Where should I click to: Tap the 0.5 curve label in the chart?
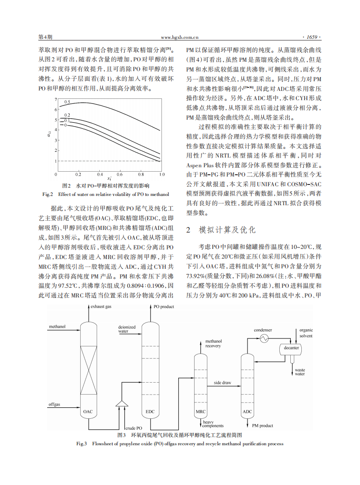pyautogui.click(x=67, y=102)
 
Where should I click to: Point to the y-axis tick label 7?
pyautogui.click(x=56, y=99)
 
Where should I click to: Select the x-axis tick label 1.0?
pyautogui.click(x=162, y=175)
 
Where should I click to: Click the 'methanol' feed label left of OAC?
pyautogui.click(x=57, y=327)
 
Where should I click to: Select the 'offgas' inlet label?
pyautogui.click(x=55, y=404)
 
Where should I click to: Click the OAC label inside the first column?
pyautogui.click(x=88, y=412)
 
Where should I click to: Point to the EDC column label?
pyautogui.click(x=150, y=412)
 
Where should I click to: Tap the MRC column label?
pyautogui.click(x=200, y=412)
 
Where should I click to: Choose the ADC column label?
pyautogui.click(x=247, y=412)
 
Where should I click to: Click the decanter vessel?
pyautogui.click(x=291, y=348)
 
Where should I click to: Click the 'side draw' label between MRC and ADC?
pyautogui.click(x=222, y=383)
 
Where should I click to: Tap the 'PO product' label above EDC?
pyautogui.click(x=163, y=307)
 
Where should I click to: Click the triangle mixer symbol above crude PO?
pyautogui.click(x=120, y=403)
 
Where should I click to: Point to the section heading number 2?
pyautogui.click(x=188, y=230)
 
